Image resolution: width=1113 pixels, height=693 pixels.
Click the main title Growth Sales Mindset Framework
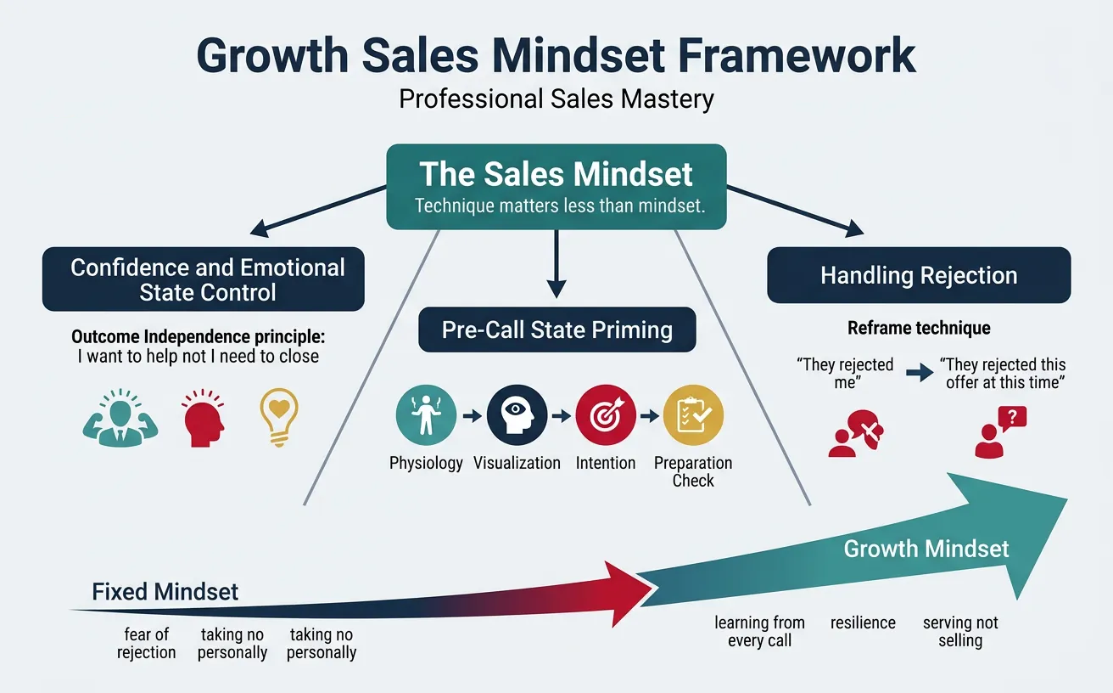point(556,55)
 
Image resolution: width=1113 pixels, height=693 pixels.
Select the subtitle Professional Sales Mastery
point(556,99)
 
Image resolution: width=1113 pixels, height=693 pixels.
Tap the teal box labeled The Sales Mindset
point(556,186)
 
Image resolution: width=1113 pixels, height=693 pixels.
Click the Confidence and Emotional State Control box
point(204,279)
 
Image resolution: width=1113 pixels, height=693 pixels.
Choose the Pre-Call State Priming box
point(556,330)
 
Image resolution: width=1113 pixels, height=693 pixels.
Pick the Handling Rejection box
point(919,275)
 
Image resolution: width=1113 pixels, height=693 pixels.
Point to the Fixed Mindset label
point(165,591)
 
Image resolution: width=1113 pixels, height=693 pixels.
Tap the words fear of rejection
point(147,644)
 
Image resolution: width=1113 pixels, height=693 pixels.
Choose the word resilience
point(863,623)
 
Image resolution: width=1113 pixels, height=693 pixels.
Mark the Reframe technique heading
point(919,328)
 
